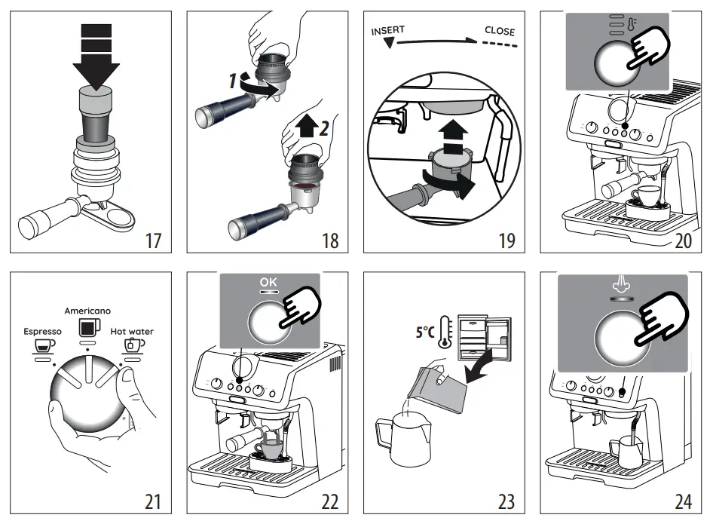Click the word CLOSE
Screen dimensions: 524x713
coord(499,31)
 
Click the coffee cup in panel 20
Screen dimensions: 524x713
coord(644,195)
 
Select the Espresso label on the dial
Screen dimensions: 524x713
coord(42,331)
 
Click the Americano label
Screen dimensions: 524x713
coord(87,311)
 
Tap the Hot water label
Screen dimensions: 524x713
coord(132,331)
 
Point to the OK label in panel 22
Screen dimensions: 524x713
coord(268,283)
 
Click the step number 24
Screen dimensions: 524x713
coord(683,500)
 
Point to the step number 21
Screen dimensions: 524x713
coord(153,500)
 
